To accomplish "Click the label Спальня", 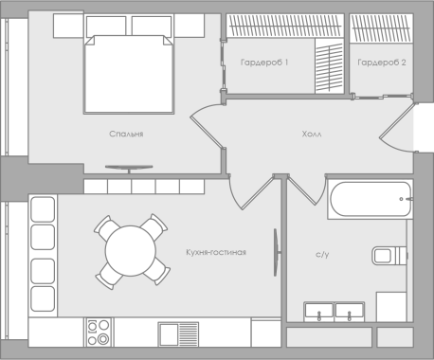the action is coord(126,134).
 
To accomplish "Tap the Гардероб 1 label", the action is coord(264,63).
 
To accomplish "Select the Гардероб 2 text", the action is coord(382,63).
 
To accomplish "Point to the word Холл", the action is coord(312,134).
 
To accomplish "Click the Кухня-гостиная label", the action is coord(216,252).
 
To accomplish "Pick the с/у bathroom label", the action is coord(322,255).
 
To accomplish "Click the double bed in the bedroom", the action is coord(129,74).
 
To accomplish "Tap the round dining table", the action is coord(131,251).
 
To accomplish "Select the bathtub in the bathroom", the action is coord(371,199).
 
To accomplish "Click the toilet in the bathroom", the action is coord(389,255).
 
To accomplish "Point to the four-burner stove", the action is coord(99,333).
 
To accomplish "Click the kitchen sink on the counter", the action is coord(178,334).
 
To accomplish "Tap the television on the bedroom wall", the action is coord(129,169).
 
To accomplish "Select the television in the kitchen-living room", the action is coord(277,253).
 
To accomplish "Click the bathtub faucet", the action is coord(407,199).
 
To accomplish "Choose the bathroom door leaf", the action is coord(302,190).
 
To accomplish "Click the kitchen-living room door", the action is coord(258,192).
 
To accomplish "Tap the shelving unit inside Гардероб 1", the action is coord(329,66).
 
